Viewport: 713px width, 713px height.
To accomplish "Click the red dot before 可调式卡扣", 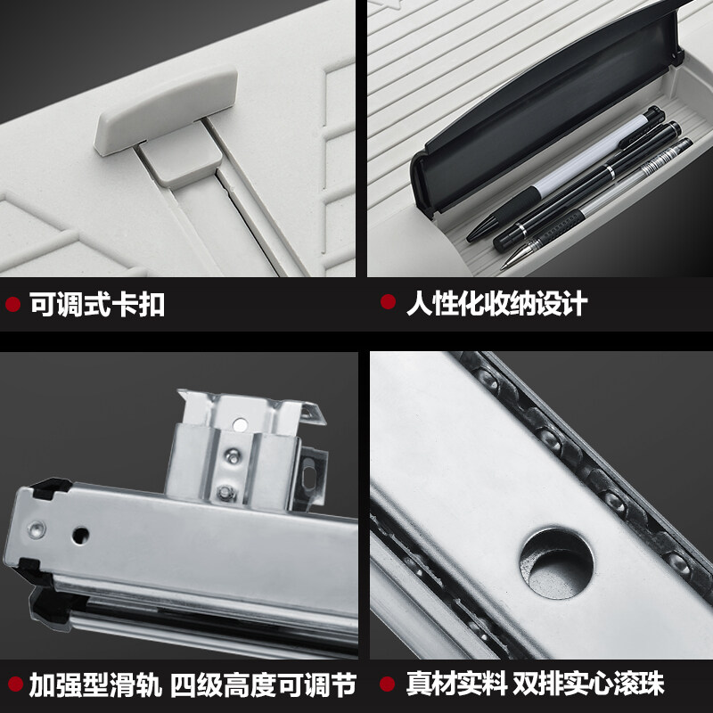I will coord(12,305).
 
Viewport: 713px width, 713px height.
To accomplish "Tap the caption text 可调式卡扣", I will coord(97,305).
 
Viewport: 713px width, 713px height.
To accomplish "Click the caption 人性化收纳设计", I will coord(496,303).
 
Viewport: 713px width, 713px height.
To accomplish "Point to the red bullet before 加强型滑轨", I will coord(12,685).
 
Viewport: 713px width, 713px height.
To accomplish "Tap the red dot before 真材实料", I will coord(388,684).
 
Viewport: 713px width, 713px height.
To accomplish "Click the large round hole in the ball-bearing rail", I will coord(556,561).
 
